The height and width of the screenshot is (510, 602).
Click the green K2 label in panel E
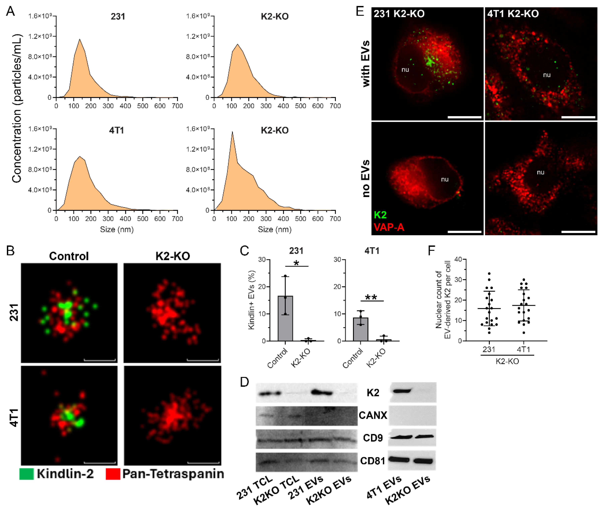coord(380,215)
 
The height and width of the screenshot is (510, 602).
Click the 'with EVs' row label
coord(366,64)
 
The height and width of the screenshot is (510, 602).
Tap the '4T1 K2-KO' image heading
coord(513,14)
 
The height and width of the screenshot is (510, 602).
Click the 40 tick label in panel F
coord(458,259)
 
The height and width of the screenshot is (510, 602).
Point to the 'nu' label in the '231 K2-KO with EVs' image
coord(405,70)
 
